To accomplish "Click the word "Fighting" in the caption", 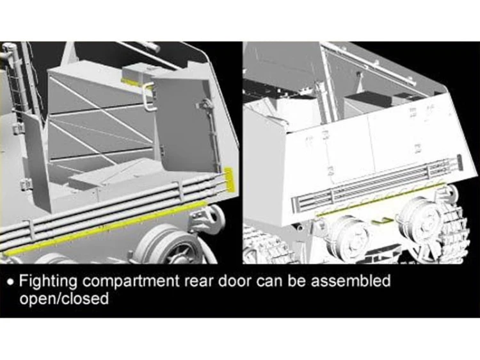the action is [x=48, y=281].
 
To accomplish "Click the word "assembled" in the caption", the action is [x=351, y=281].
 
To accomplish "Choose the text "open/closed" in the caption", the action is [x=64, y=299].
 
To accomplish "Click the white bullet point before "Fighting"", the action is [x=11, y=282].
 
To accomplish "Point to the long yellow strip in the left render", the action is [x=106, y=227].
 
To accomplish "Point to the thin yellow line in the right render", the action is [x=381, y=199].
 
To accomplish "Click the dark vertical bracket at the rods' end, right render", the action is [x=460, y=163].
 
